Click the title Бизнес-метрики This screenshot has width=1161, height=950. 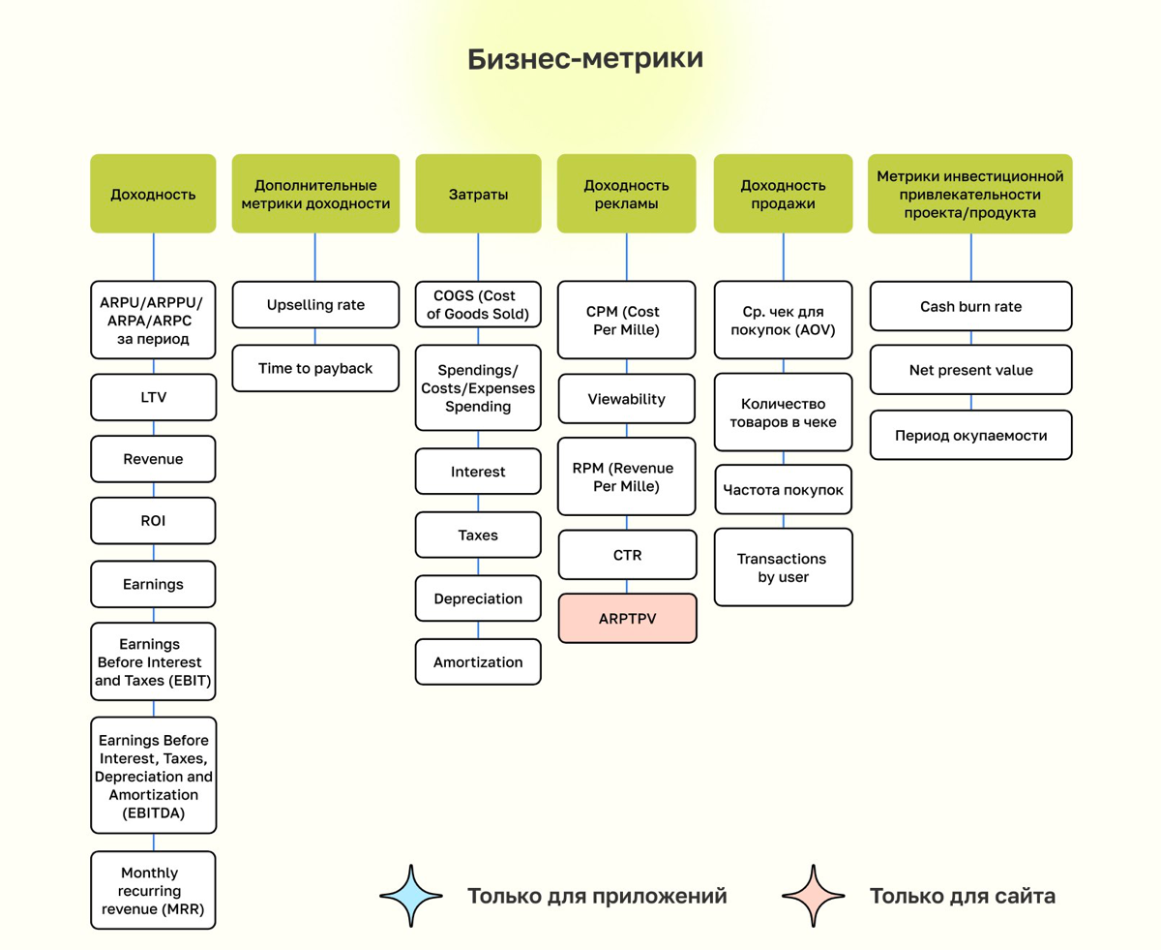pos(585,59)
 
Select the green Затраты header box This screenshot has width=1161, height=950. pos(478,194)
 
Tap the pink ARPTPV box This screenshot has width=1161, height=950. pos(626,618)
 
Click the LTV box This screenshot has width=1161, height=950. pos(153,397)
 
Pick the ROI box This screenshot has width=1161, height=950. pos(153,521)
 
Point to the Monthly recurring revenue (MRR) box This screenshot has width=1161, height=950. pos(153,890)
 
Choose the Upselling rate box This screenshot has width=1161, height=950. pos(315,305)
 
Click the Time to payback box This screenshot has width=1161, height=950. pos(315,368)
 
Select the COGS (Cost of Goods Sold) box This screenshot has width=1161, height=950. pos(478,304)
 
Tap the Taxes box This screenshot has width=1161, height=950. pos(478,535)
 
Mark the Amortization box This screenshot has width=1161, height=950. pos(478,662)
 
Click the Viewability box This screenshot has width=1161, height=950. pos(626,399)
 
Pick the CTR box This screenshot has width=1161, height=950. pos(626,556)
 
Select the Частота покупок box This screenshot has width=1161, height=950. pos(784,491)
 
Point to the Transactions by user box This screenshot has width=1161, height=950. pos(784,567)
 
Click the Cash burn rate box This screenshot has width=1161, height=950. pos(970,306)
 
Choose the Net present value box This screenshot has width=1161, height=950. pos(970,370)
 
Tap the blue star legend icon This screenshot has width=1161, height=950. pos(411,896)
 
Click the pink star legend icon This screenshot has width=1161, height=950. pos(814,896)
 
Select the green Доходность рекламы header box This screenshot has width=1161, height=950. pos(626,194)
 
